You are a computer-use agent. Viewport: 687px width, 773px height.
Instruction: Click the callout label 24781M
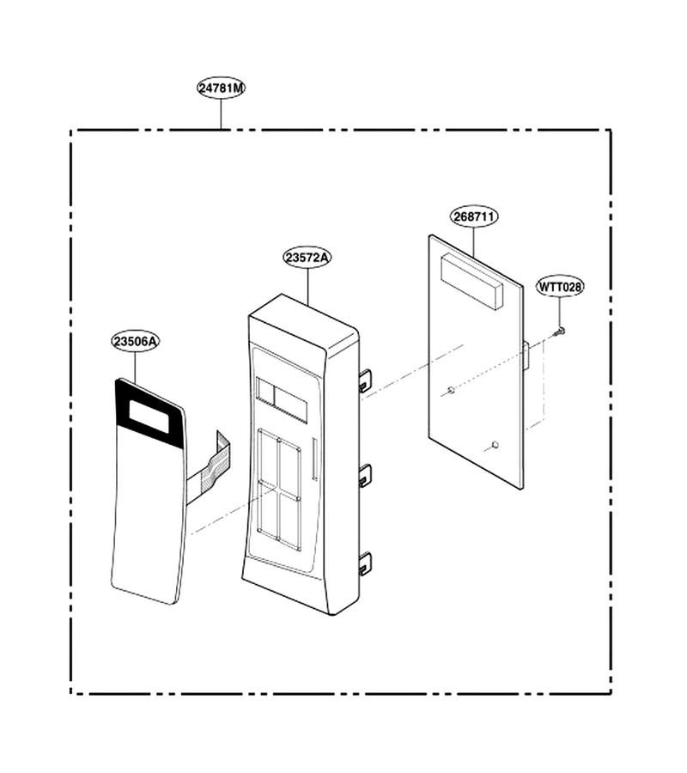tap(222, 88)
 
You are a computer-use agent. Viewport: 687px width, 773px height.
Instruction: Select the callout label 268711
tap(474, 217)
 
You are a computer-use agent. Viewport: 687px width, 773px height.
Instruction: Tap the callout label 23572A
tap(307, 258)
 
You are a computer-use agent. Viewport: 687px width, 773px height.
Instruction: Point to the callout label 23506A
tap(135, 341)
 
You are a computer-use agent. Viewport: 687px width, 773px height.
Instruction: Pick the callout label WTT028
tap(560, 286)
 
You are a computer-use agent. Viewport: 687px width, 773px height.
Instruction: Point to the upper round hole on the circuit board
tap(450, 391)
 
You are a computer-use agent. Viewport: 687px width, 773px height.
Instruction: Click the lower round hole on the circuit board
tap(495, 445)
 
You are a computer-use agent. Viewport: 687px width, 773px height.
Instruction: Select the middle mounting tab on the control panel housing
tap(364, 476)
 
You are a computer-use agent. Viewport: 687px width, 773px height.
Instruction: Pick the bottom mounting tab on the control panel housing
tap(364, 564)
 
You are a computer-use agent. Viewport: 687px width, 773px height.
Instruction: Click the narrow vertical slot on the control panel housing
tap(314, 459)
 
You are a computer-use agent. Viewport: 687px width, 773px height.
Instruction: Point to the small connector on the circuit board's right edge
tap(526, 356)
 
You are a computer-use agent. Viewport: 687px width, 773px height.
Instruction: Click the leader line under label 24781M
tap(221, 114)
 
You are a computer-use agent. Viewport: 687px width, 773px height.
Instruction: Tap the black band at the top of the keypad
tap(149, 413)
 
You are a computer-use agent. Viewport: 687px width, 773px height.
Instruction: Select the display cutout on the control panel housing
tap(282, 399)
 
